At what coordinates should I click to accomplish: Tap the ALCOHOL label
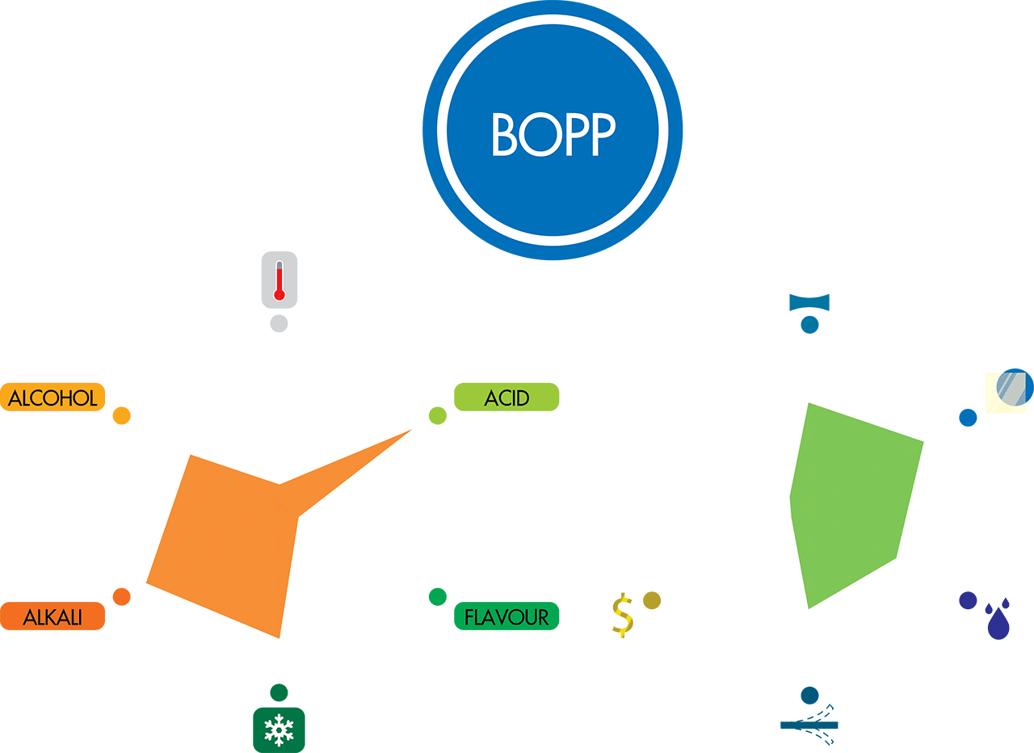click(53, 398)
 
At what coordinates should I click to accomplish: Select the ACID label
click(506, 398)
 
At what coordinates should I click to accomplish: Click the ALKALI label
click(53, 616)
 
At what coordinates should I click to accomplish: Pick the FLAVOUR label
click(506, 616)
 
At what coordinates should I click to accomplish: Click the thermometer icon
click(280, 280)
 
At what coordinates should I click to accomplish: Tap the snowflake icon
click(279, 730)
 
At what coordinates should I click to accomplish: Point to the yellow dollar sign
click(622, 616)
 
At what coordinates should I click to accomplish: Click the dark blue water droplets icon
click(998, 620)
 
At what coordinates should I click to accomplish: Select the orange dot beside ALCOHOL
click(121, 416)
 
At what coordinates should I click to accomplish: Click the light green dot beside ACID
click(437, 416)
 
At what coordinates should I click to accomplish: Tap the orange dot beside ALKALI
click(121, 597)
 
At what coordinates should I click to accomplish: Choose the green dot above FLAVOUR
click(437, 597)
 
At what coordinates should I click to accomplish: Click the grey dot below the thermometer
click(279, 324)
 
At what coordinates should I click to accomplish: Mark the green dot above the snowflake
click(279, 692)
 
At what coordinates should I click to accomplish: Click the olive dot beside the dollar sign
click(652, 600)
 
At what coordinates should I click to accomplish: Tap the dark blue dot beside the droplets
click(967, 600)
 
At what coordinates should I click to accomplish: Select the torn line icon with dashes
click(809, 725)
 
